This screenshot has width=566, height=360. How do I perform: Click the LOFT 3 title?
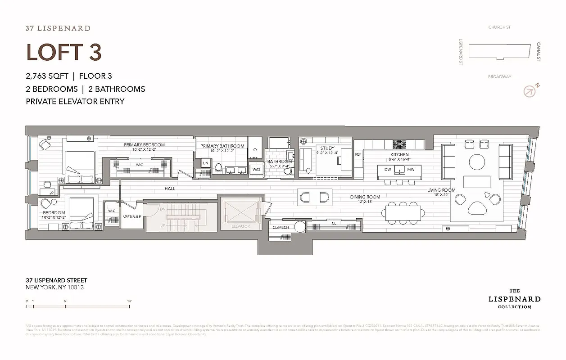point(64,52)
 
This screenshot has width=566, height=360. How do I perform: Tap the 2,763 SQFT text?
point(47,76)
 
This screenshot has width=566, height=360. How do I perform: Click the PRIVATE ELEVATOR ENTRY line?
point(75,101)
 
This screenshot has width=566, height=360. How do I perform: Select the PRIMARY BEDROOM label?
point(144,145)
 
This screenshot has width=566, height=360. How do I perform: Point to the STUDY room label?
point(327,148)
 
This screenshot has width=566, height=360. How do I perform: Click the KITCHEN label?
point(399,154)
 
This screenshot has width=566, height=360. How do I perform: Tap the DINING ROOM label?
point(365,197)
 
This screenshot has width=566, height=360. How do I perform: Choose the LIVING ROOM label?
point(441,190)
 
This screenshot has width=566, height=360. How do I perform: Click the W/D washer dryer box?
point(256,170)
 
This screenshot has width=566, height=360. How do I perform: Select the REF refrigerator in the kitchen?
point(358,154)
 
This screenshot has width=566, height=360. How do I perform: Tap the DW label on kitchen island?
point(387,170)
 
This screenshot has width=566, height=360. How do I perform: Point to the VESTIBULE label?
point(132,217)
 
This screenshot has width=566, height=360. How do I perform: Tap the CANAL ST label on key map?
point(539,52)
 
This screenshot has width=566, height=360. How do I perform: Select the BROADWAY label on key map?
point(499,77)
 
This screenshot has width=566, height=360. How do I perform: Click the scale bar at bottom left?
point(78,306)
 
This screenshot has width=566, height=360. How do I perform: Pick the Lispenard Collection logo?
point(514,299)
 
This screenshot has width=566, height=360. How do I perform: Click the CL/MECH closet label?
point(281,227)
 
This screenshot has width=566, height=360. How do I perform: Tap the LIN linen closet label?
point(205,163)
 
